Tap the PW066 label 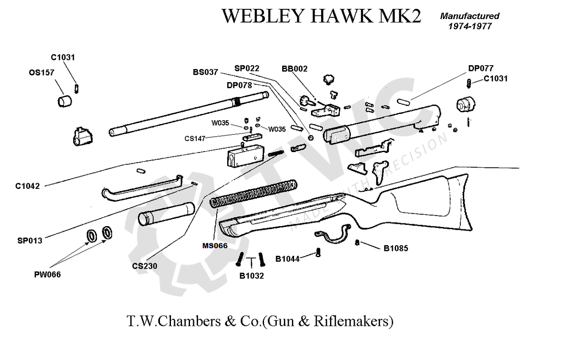click(47, 275)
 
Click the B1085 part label click(396, 249)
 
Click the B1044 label click(287, 258)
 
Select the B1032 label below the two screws click(252, 276)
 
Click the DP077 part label click(481, 69)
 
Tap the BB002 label click(295, 69)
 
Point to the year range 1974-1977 click(470, 26)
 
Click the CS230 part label click(144, 266)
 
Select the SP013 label click(30, 241)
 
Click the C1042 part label click(27, 186)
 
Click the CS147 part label click(195, 139)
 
